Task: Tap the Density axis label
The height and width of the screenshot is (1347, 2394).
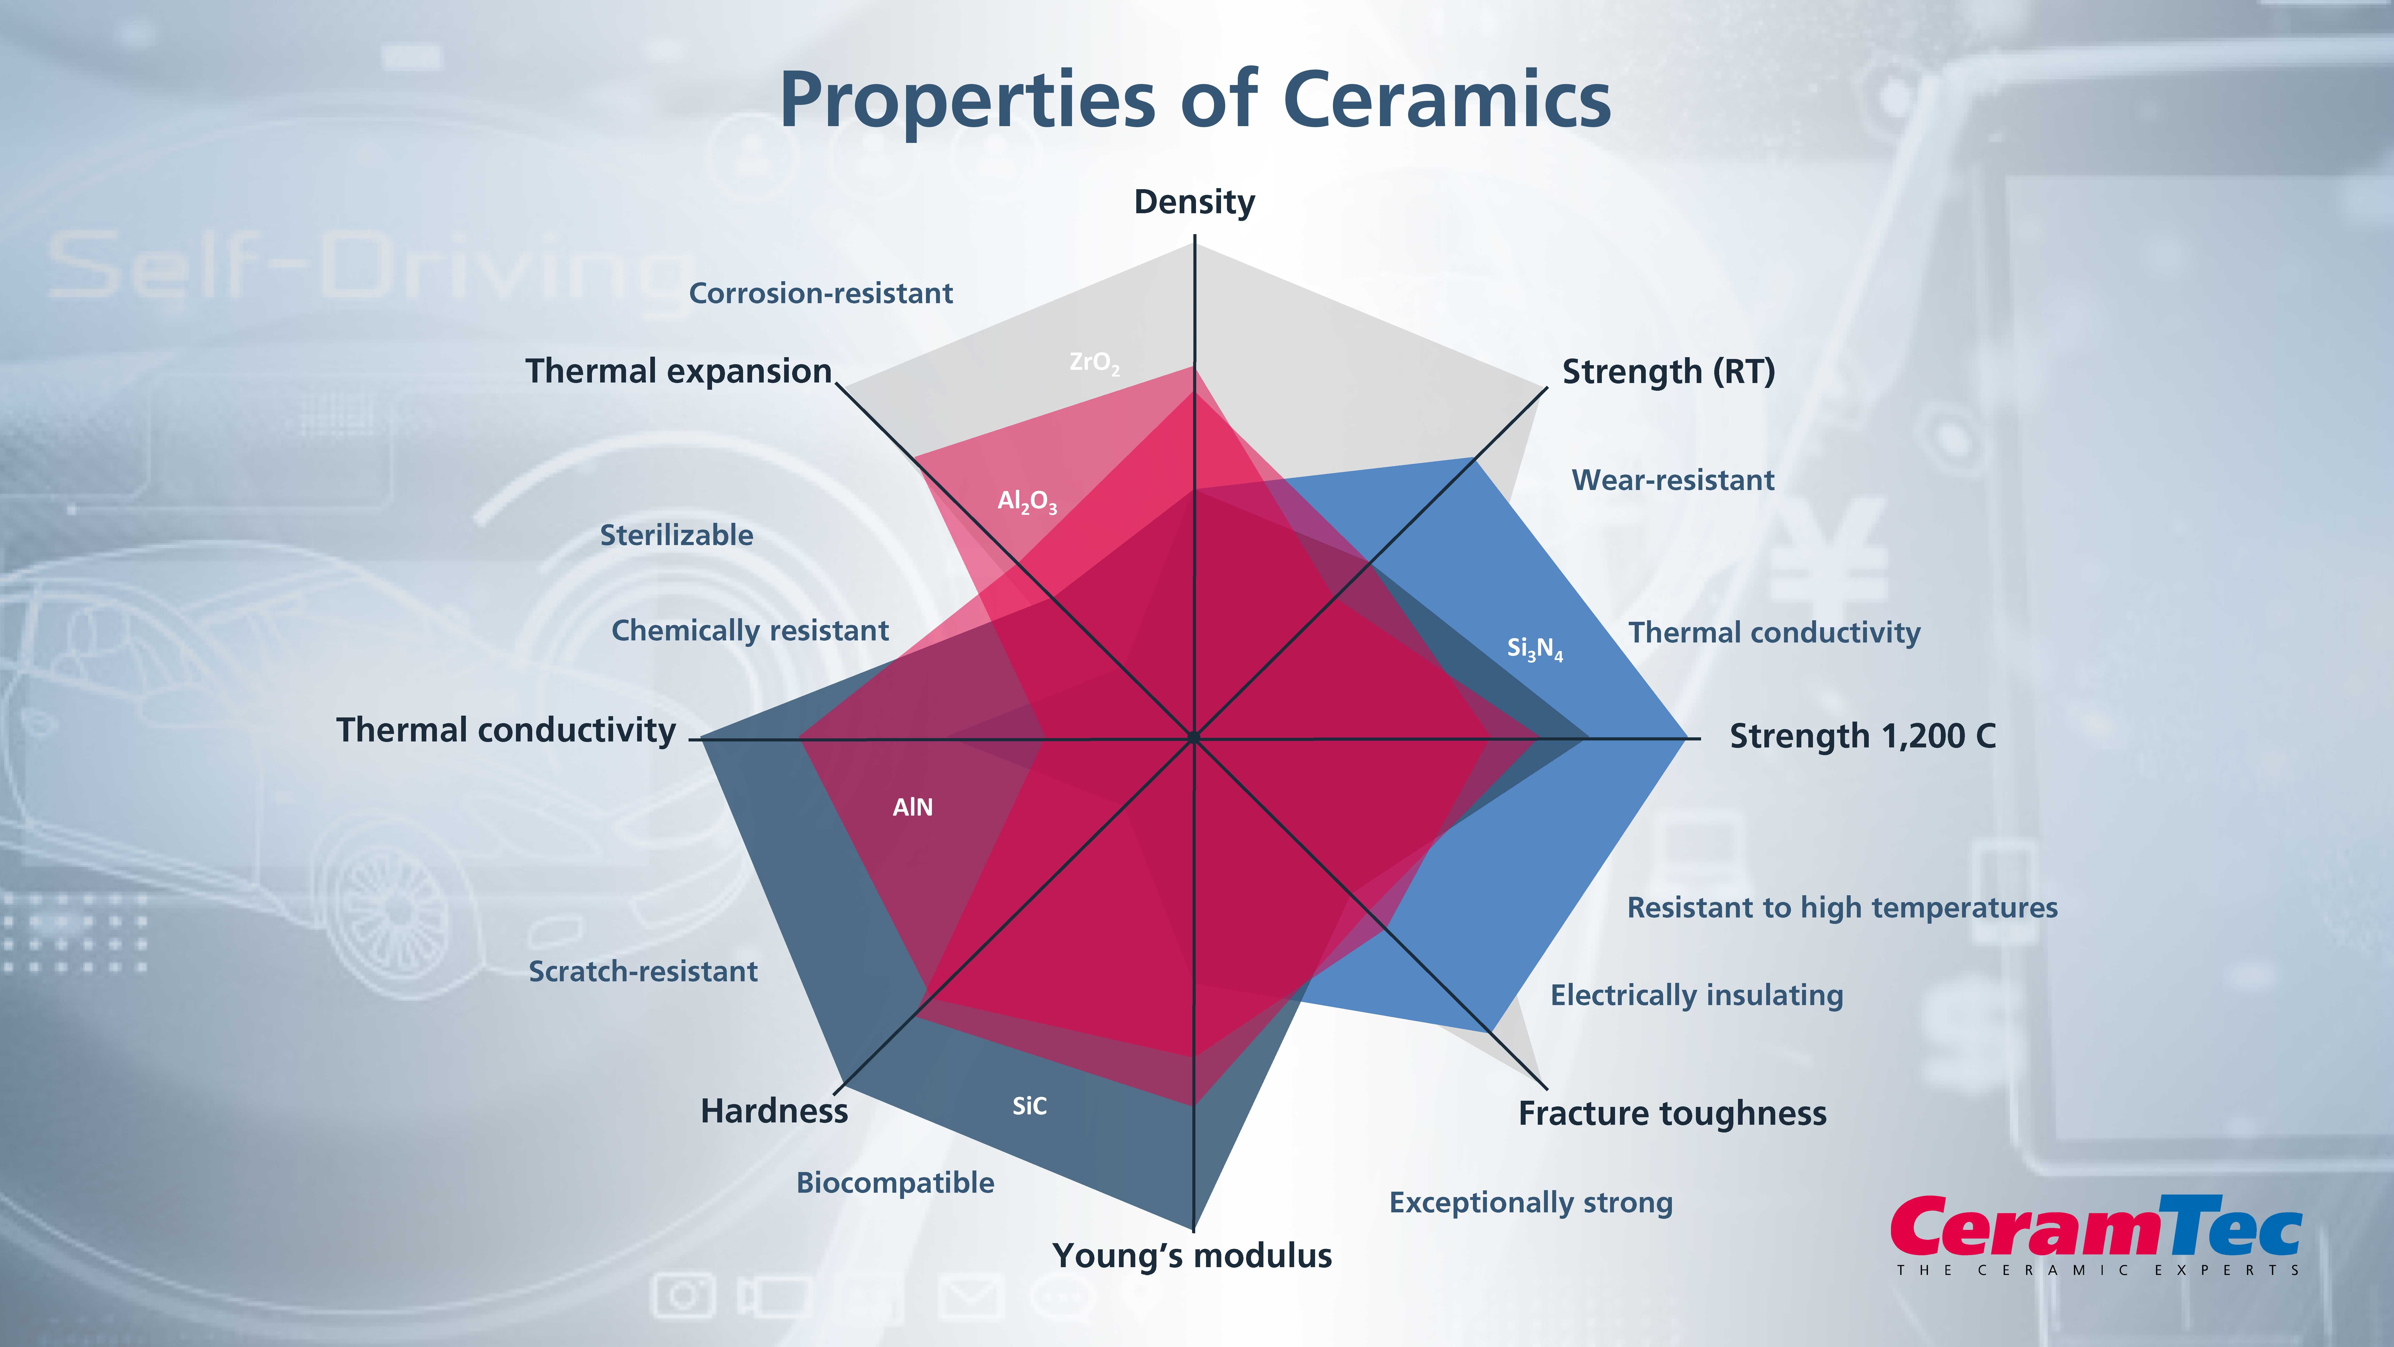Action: point(1194,202)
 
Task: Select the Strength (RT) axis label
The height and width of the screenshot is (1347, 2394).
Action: point(1668,372)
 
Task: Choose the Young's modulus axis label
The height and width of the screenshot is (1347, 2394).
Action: point(1192,1256)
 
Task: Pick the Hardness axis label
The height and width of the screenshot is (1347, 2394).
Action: point(774,1111)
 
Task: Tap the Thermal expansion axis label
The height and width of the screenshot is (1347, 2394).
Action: point(678,371)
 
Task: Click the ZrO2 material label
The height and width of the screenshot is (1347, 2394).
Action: point(1094,363)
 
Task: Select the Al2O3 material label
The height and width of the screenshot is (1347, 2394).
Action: point(1027,502)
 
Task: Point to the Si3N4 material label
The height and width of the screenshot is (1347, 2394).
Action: point(1534,648)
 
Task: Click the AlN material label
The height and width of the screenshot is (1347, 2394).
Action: point(913,807)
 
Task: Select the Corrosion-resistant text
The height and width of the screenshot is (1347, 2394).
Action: point(821,294)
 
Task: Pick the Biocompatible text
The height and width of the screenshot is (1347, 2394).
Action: point(895,1182)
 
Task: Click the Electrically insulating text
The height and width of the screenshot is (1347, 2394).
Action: point(1696,996)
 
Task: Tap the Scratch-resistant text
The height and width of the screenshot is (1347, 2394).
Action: point(643,971)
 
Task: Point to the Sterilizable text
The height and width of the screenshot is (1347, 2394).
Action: point(677,535)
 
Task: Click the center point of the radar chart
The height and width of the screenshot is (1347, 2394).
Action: point(1193,738)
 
